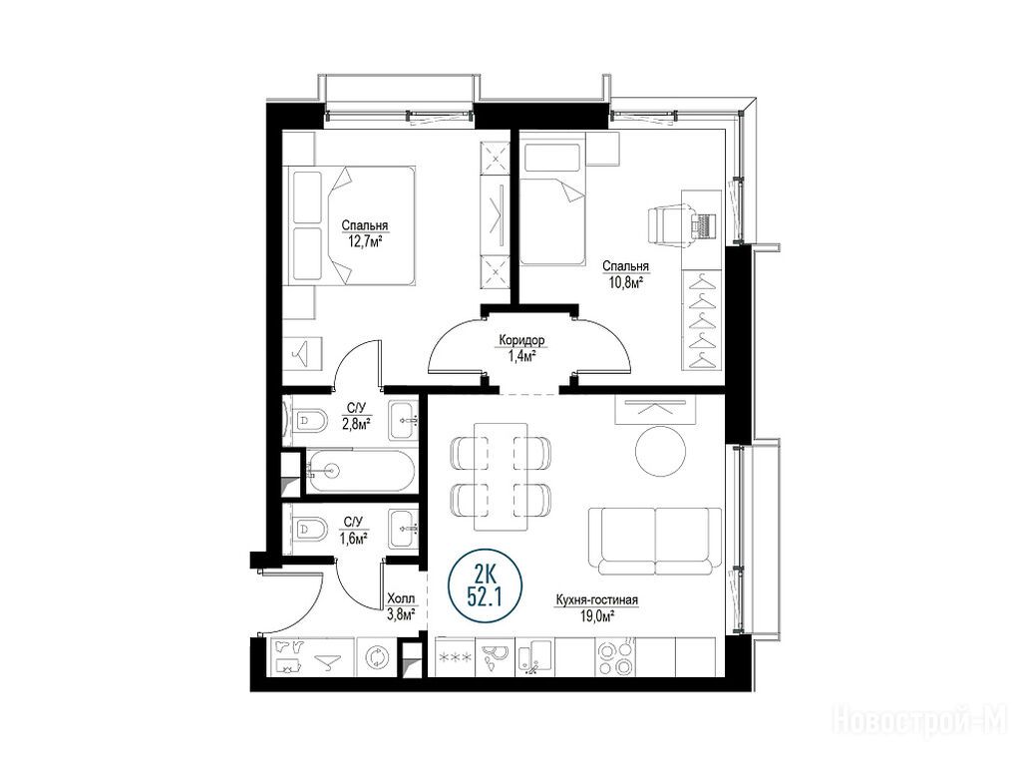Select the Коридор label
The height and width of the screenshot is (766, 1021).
click(x=521, y=340)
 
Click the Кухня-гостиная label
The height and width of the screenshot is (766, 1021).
click(x=596, y=600)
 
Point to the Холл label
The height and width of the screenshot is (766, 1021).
click(x=401, y=598)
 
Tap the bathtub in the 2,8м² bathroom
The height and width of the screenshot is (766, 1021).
click(x=360, y=471)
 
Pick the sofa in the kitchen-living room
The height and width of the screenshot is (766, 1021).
click(x=655, y=541)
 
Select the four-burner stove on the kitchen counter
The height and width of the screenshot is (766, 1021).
click(x=616, y=657)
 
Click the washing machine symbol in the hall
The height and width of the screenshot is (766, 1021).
click(x=376, y=656)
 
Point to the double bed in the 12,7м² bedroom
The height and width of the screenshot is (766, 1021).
click(x=353, y=225)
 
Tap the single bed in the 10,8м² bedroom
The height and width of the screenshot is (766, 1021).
click(x=552, y=203)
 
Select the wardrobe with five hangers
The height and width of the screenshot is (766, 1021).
click(x=702, y=320)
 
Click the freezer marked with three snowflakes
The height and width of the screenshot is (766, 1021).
click(x=456, y=657)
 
